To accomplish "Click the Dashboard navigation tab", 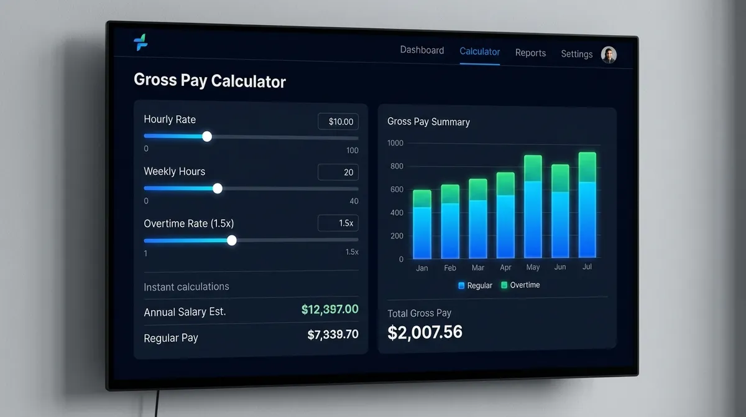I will point(421,50).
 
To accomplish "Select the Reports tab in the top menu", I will point(530,53).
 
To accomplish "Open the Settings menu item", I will point(576,54).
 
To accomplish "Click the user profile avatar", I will point(609,55).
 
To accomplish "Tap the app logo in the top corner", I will point(140,43).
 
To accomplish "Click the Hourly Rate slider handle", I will point(207,136).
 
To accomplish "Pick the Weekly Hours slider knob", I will point(218,188).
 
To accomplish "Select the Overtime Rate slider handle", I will point(232,240).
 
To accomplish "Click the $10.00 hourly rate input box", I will point(338,121).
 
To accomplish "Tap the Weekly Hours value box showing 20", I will point(338,172).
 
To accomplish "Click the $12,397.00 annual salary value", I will point(329,309).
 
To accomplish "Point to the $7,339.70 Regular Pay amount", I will point(333,334).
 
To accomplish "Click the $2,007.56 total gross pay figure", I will point(425,332).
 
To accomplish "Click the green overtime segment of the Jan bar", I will point(422,199).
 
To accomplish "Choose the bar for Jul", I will point(587,205).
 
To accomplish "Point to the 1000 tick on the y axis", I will point(395,143).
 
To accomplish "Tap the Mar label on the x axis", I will point(477,268).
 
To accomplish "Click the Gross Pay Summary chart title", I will point(428,122).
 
